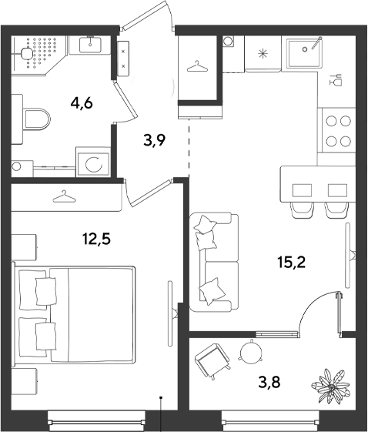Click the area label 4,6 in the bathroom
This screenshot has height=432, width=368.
(82, 104)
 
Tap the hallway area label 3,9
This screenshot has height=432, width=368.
(154, 140)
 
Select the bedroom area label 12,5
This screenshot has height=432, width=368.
(97, 239)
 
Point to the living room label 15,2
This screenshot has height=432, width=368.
(292, 263)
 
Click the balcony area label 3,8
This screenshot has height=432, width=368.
(269, 382)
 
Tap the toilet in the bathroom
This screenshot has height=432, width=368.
(36, 119)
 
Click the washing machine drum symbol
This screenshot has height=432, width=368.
(94, 165)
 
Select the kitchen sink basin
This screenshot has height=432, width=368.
(304, 53)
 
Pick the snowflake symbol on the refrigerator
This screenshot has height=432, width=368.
(263, 53)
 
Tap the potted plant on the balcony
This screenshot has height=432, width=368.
(331, 387)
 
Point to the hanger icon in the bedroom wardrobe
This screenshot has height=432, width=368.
(64, 196)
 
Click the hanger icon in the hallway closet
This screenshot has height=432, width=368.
(198, 66)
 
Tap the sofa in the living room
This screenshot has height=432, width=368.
(214, 262)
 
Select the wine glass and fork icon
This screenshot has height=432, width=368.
(336, 79)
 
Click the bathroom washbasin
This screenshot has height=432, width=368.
(90, 45)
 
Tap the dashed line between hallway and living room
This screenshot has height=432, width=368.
(189, 148)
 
